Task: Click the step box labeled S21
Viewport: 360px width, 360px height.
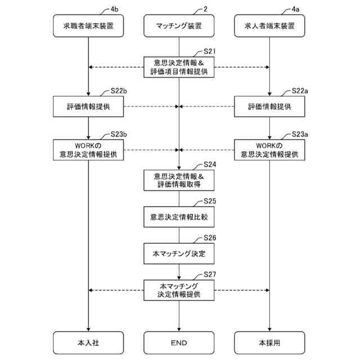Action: coord(179,67)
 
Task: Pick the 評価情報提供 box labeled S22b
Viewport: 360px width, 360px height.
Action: coord(89,106)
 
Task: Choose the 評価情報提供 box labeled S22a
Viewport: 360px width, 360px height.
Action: coord(269,106)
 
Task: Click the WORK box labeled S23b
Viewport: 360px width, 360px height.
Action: coord(89,150)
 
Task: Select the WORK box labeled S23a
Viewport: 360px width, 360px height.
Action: coord(269,150)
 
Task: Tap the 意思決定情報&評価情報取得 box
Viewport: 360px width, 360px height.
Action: coord(179,180)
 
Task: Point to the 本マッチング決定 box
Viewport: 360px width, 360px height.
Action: coord(179,254)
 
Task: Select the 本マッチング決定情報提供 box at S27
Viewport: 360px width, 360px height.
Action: coord(179,290)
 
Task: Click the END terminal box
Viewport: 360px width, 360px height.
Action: coord(179,342)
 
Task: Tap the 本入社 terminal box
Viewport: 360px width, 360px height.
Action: coord(89,342)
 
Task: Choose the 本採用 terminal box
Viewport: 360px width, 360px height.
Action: coord(269,342)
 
